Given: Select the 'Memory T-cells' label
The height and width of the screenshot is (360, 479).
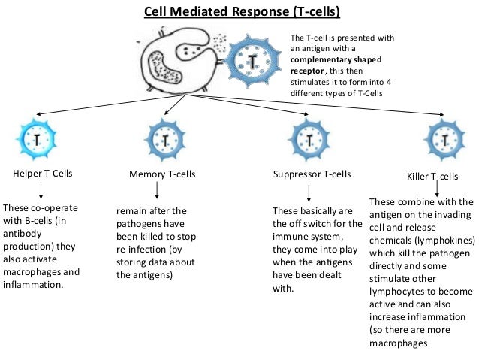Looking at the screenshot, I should point(162,174).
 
